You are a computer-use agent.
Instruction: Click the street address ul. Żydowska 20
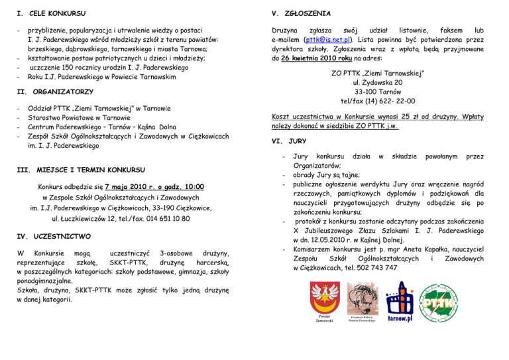point(377,82)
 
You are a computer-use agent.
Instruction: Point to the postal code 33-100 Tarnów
point(377,91)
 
